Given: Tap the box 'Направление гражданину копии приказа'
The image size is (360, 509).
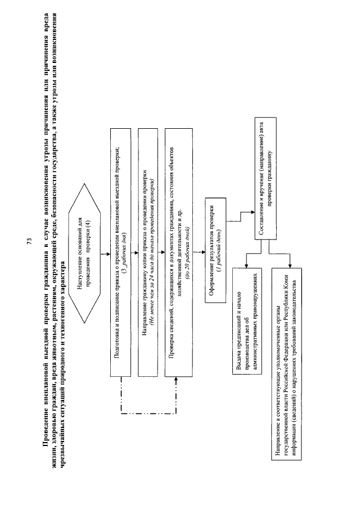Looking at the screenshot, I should [148, 255].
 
